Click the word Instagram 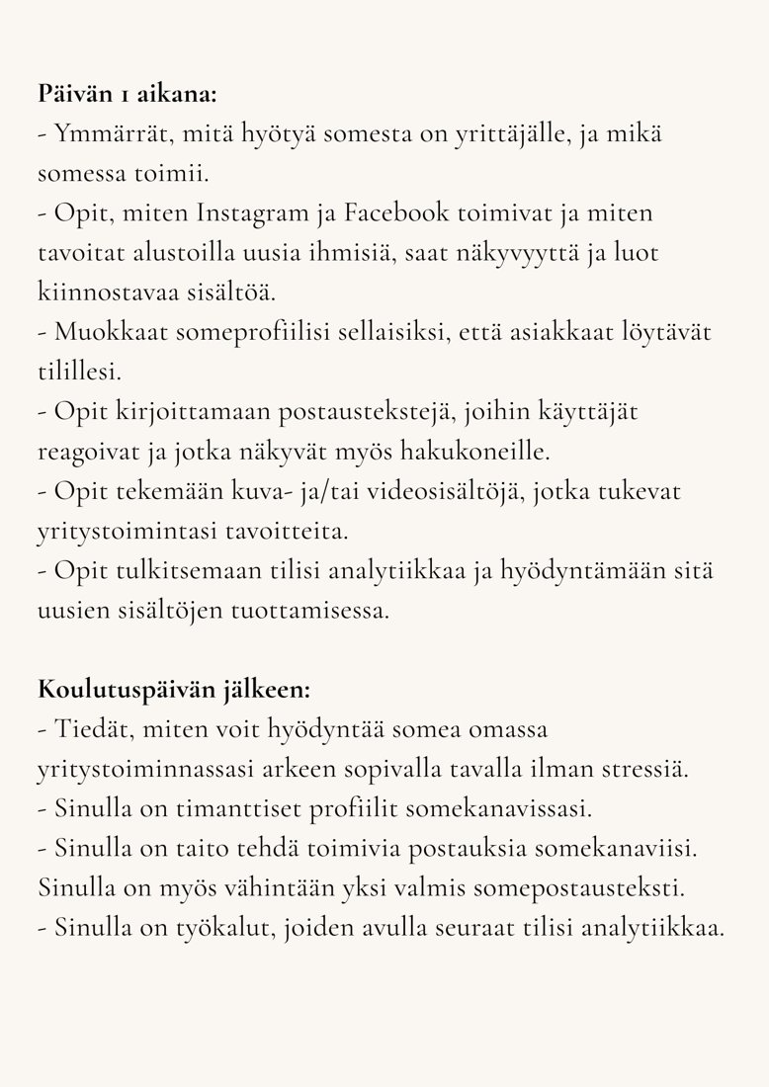tap(253, 213)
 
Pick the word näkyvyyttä tap(534, 253)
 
